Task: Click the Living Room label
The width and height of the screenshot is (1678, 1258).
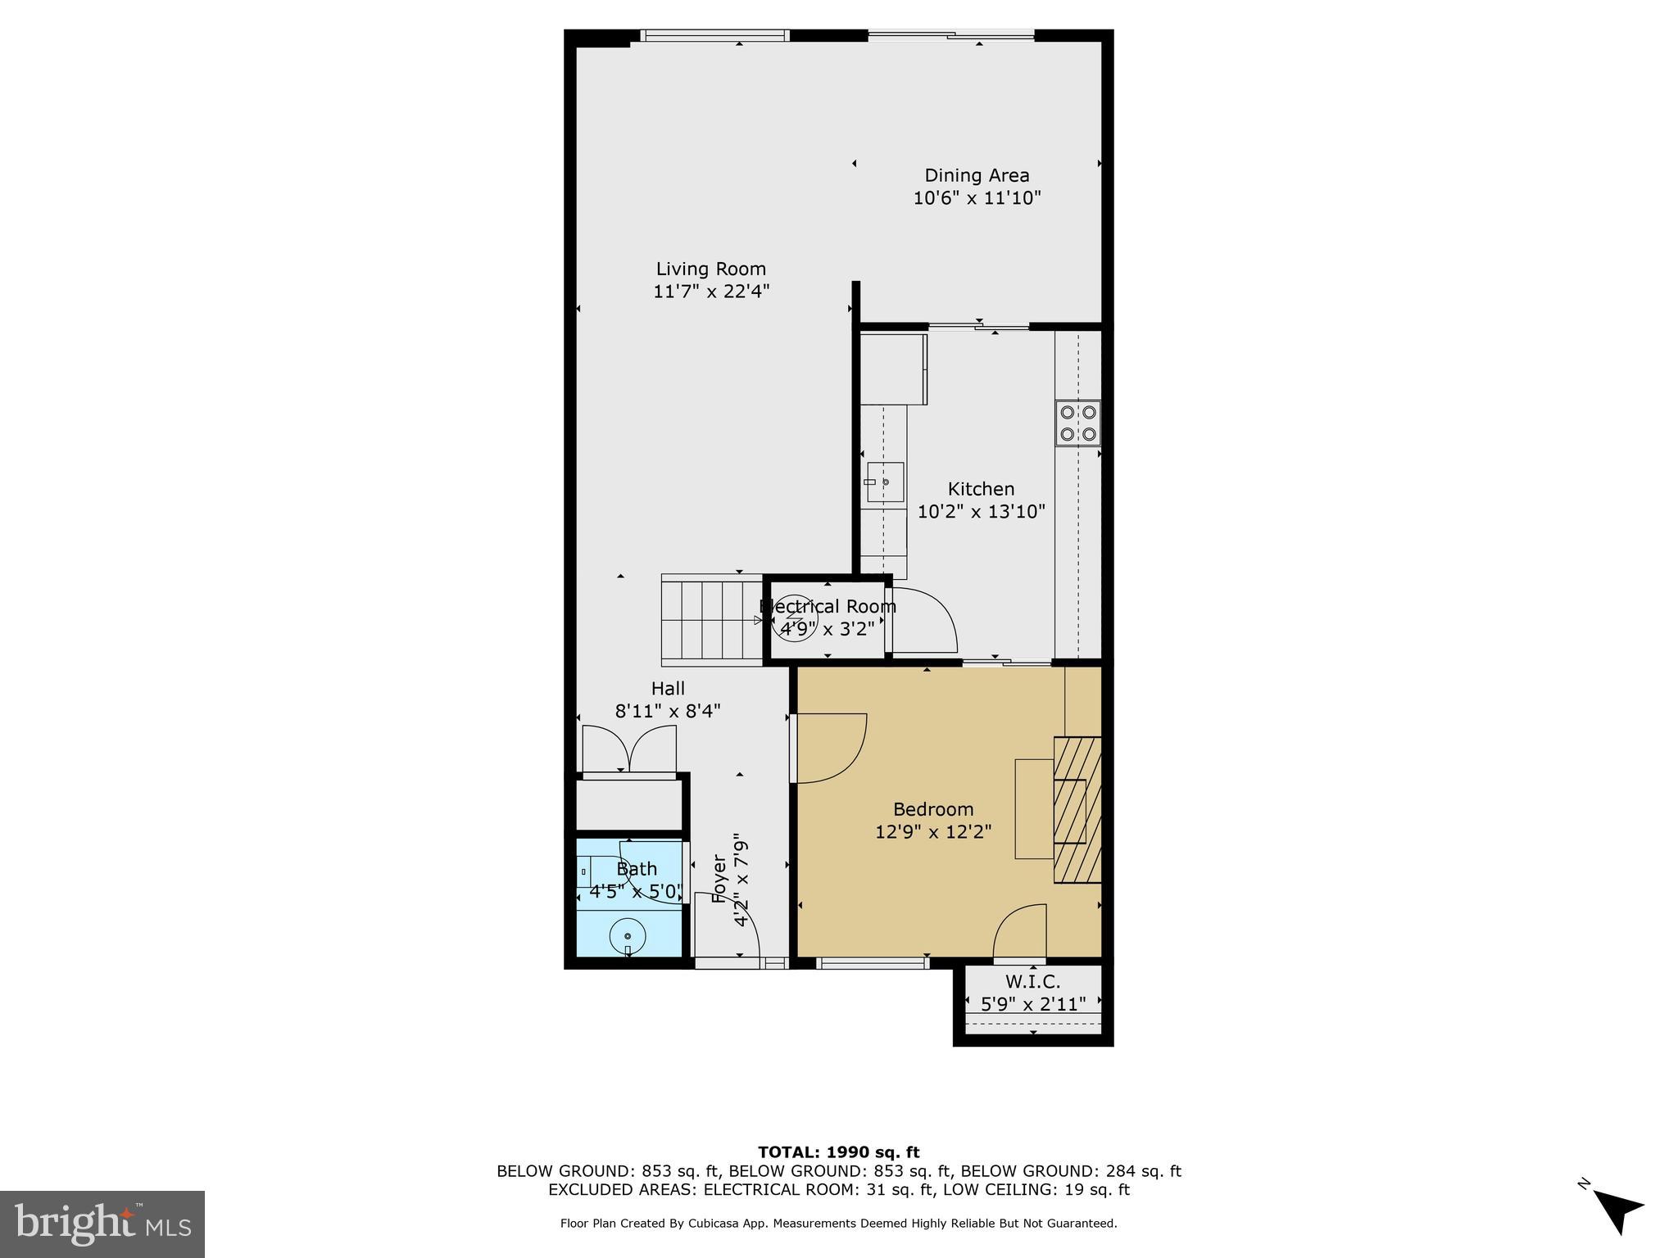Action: pos(710,269)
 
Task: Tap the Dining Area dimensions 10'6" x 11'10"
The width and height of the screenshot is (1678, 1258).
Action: pos(977,198)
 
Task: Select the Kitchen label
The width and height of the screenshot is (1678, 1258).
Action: pos(981,489)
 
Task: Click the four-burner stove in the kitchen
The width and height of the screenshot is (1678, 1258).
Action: pos(1077,423)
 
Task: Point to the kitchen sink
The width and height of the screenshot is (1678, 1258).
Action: pos(885,482)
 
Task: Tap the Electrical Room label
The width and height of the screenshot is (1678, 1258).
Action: pos(828,607)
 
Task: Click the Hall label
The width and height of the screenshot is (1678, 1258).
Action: pos(668,689)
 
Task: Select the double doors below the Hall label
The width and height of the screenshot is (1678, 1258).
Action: pos(629,749)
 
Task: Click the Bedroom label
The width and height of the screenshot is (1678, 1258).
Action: pos(933,809)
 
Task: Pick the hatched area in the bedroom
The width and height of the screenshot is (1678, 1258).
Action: pos(1077,809)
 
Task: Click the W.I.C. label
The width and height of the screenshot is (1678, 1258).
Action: pos(1032,981)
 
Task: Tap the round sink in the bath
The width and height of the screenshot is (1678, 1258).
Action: pos(628,936)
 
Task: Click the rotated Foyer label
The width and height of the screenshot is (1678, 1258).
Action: pos(719,879)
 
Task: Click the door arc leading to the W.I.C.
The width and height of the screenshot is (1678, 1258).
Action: pos(1021,930)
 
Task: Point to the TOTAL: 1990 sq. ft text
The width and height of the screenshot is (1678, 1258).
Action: pos(838,1152)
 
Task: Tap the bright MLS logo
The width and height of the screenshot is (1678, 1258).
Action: pos(102,1224)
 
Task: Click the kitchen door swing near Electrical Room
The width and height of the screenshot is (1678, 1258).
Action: pos(924,620)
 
